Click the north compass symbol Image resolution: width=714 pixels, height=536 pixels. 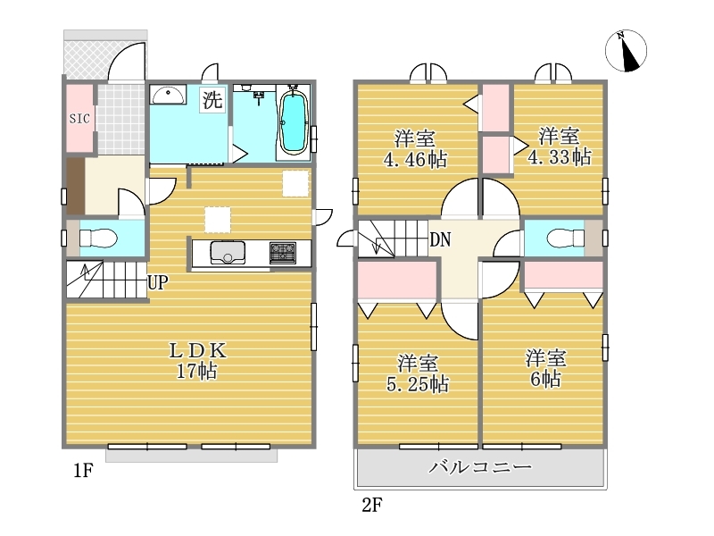(627, 51)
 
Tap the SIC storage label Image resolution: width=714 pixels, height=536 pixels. (79, 119)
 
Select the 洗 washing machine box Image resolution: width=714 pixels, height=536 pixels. (212, 99)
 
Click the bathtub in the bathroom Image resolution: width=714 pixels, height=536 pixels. (293, 121)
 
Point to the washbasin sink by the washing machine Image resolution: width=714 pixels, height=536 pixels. (168, 95)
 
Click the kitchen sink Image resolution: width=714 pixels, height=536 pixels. (228, 253)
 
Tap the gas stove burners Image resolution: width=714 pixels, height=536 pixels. (283, 253)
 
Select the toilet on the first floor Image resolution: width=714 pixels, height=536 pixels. (98, 238)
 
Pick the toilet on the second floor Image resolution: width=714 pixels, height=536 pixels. (566, 238)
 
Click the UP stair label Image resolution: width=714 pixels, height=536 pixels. (158, 282)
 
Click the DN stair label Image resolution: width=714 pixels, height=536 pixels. (440, 239)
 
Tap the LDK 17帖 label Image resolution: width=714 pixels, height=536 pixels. (197, 361)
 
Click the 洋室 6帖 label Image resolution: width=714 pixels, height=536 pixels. (545, 368)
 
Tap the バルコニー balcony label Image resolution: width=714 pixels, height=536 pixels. (480, 467)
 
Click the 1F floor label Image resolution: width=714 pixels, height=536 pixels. (83, 471)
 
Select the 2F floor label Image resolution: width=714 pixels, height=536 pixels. (372, 505)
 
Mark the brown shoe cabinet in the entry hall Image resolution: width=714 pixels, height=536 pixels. (76, 186)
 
